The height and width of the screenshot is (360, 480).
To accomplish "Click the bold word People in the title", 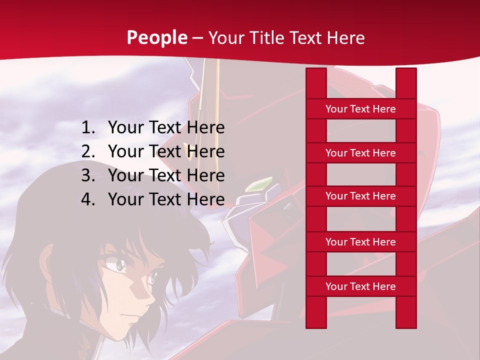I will (157, 38).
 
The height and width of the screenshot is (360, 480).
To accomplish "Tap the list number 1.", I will (87, 128).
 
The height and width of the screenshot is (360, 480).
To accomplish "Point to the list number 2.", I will (87, 151).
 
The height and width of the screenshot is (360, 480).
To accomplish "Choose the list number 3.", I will (87, 175).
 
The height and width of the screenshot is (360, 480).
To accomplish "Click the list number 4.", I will (87, 199).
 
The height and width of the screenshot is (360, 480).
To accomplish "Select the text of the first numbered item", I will (166, 128).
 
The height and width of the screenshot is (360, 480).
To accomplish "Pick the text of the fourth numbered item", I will (166, 199).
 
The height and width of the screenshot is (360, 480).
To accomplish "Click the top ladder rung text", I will (360, 109).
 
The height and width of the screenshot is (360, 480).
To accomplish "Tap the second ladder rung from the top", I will (360, 153).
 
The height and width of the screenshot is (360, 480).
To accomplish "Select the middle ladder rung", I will (360, 196).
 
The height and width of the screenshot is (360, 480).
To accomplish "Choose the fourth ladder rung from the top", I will (360, 242).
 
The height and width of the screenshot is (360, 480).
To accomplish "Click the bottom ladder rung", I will (360, 286).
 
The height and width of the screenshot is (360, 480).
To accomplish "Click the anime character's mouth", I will (131, 320).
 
